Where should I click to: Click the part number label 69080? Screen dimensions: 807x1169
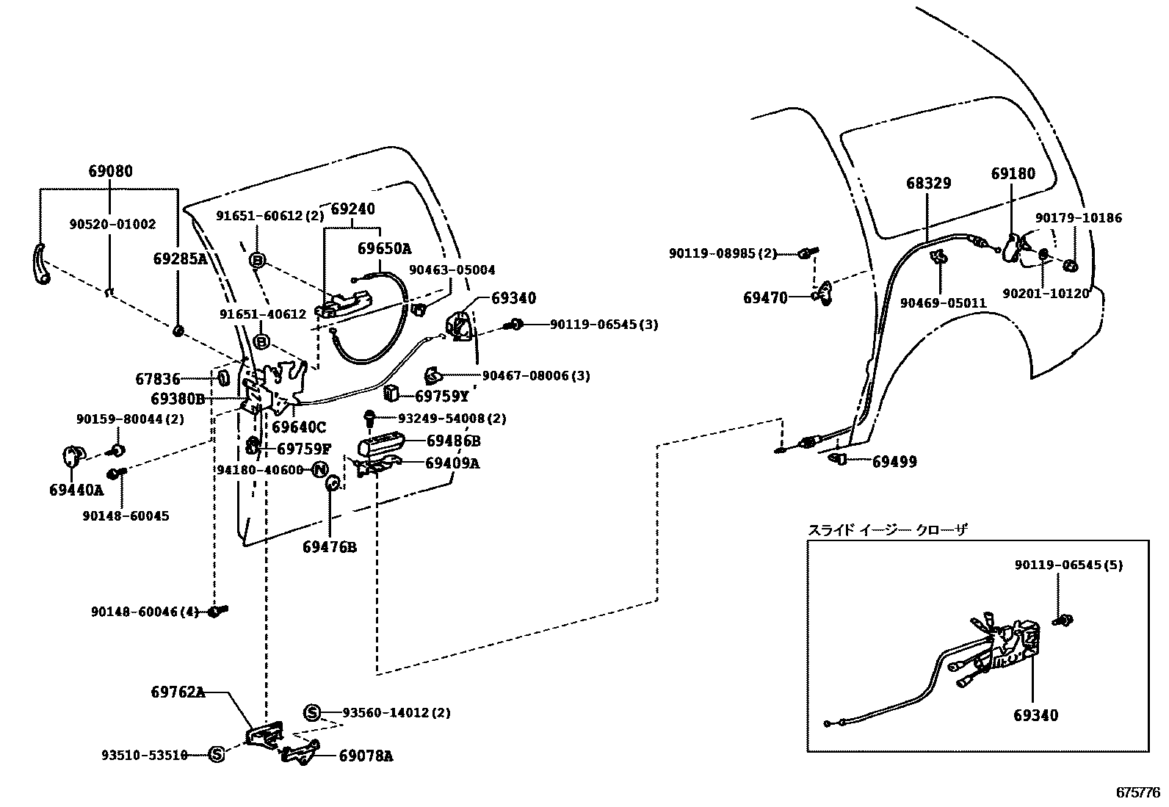pos(110,172)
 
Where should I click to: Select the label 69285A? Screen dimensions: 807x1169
pos(180,258)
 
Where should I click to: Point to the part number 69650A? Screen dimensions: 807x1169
pos(384,248)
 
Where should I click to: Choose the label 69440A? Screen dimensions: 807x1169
pos(76,490)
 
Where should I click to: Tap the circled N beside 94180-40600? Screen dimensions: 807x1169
pos(319,470)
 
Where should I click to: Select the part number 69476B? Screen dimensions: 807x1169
pos(330,547)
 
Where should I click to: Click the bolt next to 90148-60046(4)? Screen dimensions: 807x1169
pos(218,610)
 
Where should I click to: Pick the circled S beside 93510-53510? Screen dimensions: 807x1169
pos(216,754)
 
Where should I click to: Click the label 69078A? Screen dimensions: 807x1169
pos(365,756)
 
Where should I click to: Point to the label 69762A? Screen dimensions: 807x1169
pos(178,692)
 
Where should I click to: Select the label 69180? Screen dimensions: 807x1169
pos(1013,173)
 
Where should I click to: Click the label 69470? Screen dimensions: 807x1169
pos(764,297)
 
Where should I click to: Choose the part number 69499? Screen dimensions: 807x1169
pos(894,462)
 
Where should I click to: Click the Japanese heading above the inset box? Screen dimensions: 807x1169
pos(888,529)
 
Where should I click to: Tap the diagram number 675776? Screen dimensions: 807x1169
pos(1137,792)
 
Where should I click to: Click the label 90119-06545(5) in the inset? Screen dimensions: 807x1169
pos(1068,565)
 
